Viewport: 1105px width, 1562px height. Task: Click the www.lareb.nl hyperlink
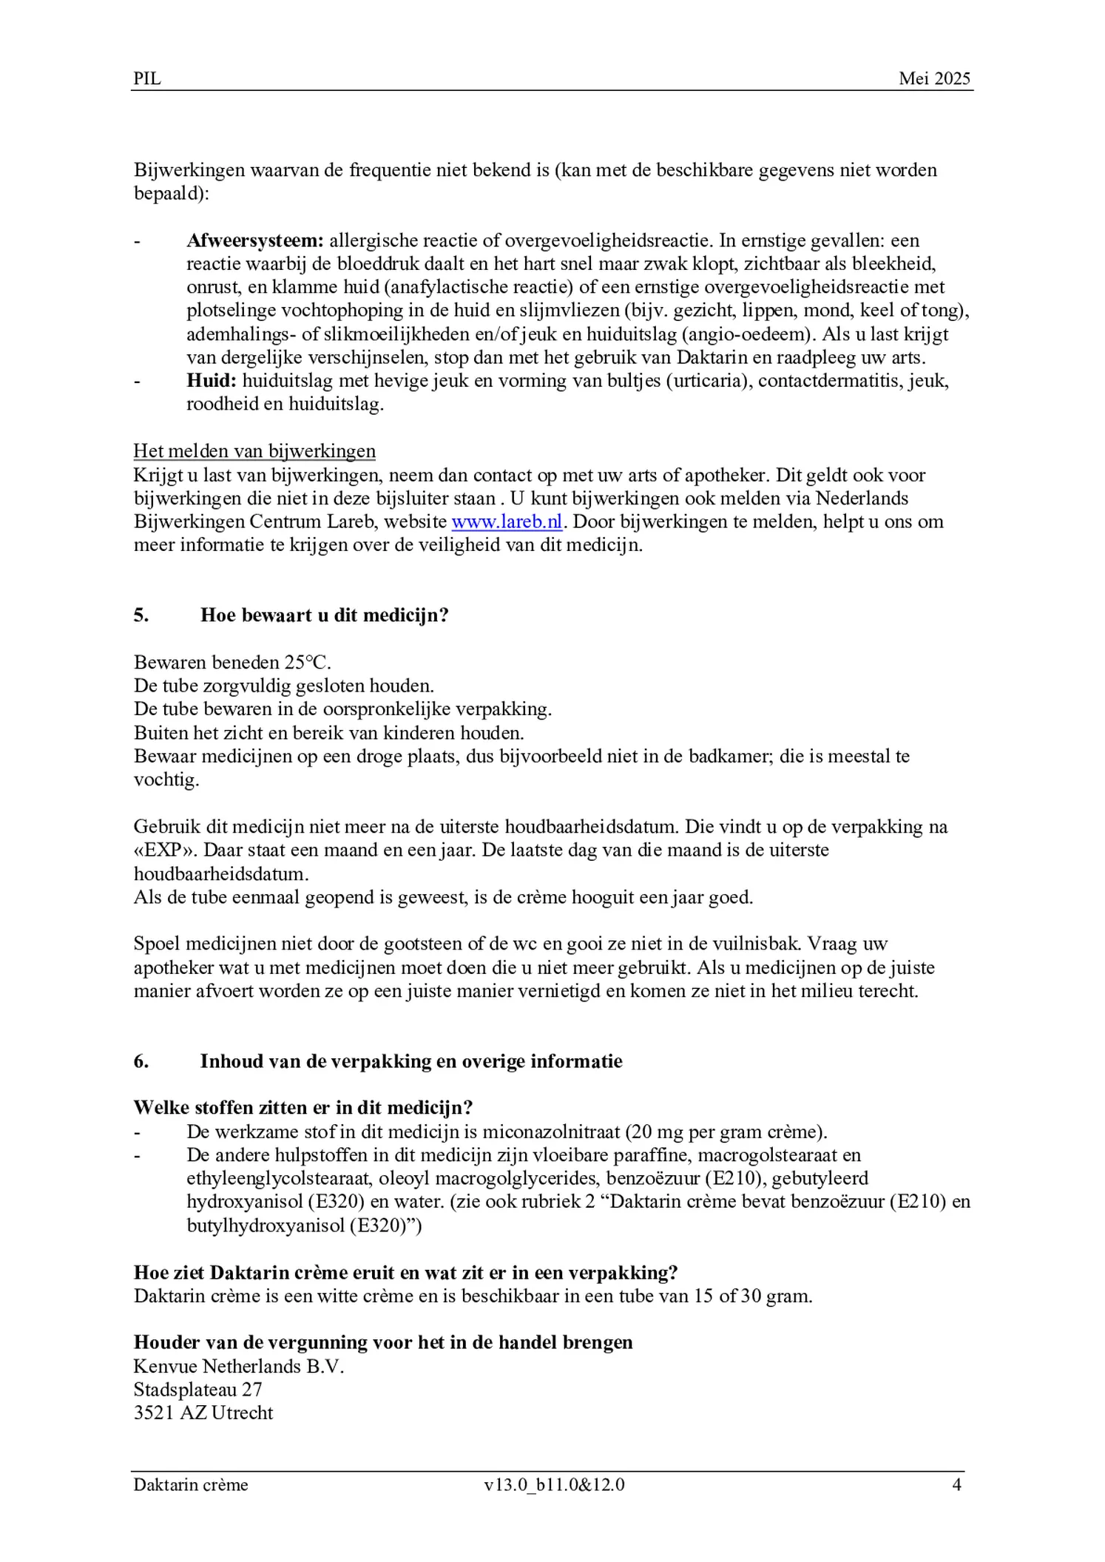(x=507, y=521)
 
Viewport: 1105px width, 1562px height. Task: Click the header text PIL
(x=147, y=78)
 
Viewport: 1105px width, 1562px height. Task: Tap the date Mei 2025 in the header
(x=934, y=78)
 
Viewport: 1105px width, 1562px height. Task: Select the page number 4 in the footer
(x=956, y=1485)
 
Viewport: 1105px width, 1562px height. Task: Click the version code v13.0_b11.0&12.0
(x=554, y=1485)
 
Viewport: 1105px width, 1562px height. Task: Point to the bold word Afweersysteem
(x=254, y=240)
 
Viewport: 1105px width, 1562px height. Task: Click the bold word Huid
(x=211, y=381)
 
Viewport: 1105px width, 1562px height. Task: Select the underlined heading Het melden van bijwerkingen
(x=254, y=451)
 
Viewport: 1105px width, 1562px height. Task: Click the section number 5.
(x=141, y=615)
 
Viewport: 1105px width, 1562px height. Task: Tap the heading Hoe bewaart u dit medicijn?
(x=324, y=615)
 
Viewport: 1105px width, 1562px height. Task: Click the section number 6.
(x=141, y=1061)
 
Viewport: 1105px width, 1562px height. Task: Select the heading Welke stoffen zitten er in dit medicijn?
(x=303, y=1108)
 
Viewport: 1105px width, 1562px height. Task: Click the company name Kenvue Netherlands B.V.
(x=239, y=1366)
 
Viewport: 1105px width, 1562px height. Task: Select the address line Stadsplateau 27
(x=197, y=1390)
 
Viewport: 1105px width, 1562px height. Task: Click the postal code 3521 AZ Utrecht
(x=203, y=1413)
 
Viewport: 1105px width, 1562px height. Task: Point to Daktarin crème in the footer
(x=191, y=1485)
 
